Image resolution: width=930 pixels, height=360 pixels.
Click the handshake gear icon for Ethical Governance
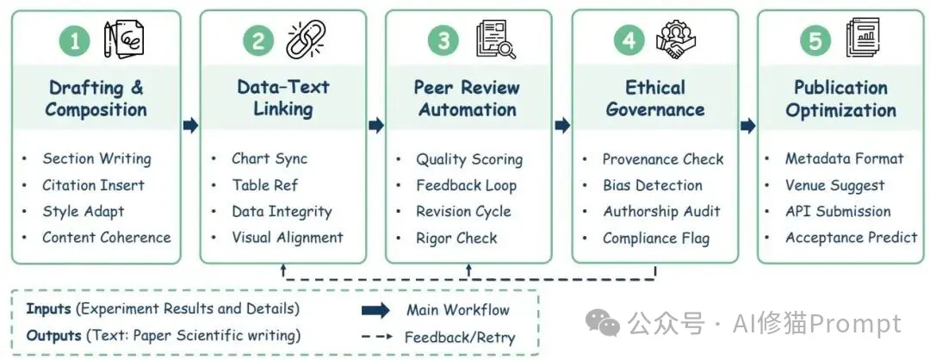[x=676, y=40]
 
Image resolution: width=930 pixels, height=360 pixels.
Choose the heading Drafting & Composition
[x=96, y=98]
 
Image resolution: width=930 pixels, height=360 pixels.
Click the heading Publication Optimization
[x=840, y=98]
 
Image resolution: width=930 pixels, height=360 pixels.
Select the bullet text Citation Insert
[x=93, y=185]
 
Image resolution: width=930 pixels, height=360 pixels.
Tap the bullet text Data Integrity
[x=281, y=211]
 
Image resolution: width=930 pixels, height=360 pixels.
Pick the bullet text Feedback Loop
[x=466, y=185]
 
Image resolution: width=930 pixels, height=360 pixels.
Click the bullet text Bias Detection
[x=652, y=185]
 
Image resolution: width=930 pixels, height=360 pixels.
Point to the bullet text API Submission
[x=838, y=211]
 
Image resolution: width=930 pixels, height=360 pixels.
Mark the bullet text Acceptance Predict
[x=851, y=237]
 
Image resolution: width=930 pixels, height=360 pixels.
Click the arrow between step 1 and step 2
[x=191, y=125]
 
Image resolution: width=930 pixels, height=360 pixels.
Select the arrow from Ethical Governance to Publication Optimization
[x=747, y=125]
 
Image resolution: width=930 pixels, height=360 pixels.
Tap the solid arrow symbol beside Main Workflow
[x=375, y=310]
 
